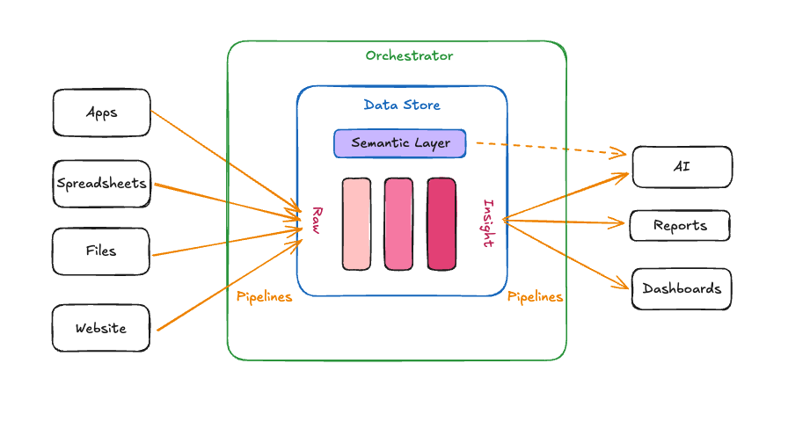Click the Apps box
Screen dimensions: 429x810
(101, 113)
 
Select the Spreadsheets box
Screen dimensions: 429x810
(101, 184)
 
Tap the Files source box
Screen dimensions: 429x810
(101, 251)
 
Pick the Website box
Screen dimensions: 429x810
(101, 329)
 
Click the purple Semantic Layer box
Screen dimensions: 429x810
(399, 143)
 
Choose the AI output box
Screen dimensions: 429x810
(682, 167)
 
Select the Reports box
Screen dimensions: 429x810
(680, 226)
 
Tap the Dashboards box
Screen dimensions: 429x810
(682, 289)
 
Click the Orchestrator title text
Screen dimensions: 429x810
(409, 56)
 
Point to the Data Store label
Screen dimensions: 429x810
(402, 105)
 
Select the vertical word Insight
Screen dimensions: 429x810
(487, 224)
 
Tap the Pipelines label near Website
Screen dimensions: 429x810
(264, 297)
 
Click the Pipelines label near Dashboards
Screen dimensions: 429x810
(535, 297)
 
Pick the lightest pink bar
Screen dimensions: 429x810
(356, 223)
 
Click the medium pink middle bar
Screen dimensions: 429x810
(398, 223)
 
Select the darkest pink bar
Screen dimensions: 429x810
(441, 223)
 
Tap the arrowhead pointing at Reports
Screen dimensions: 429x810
(619, 223)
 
